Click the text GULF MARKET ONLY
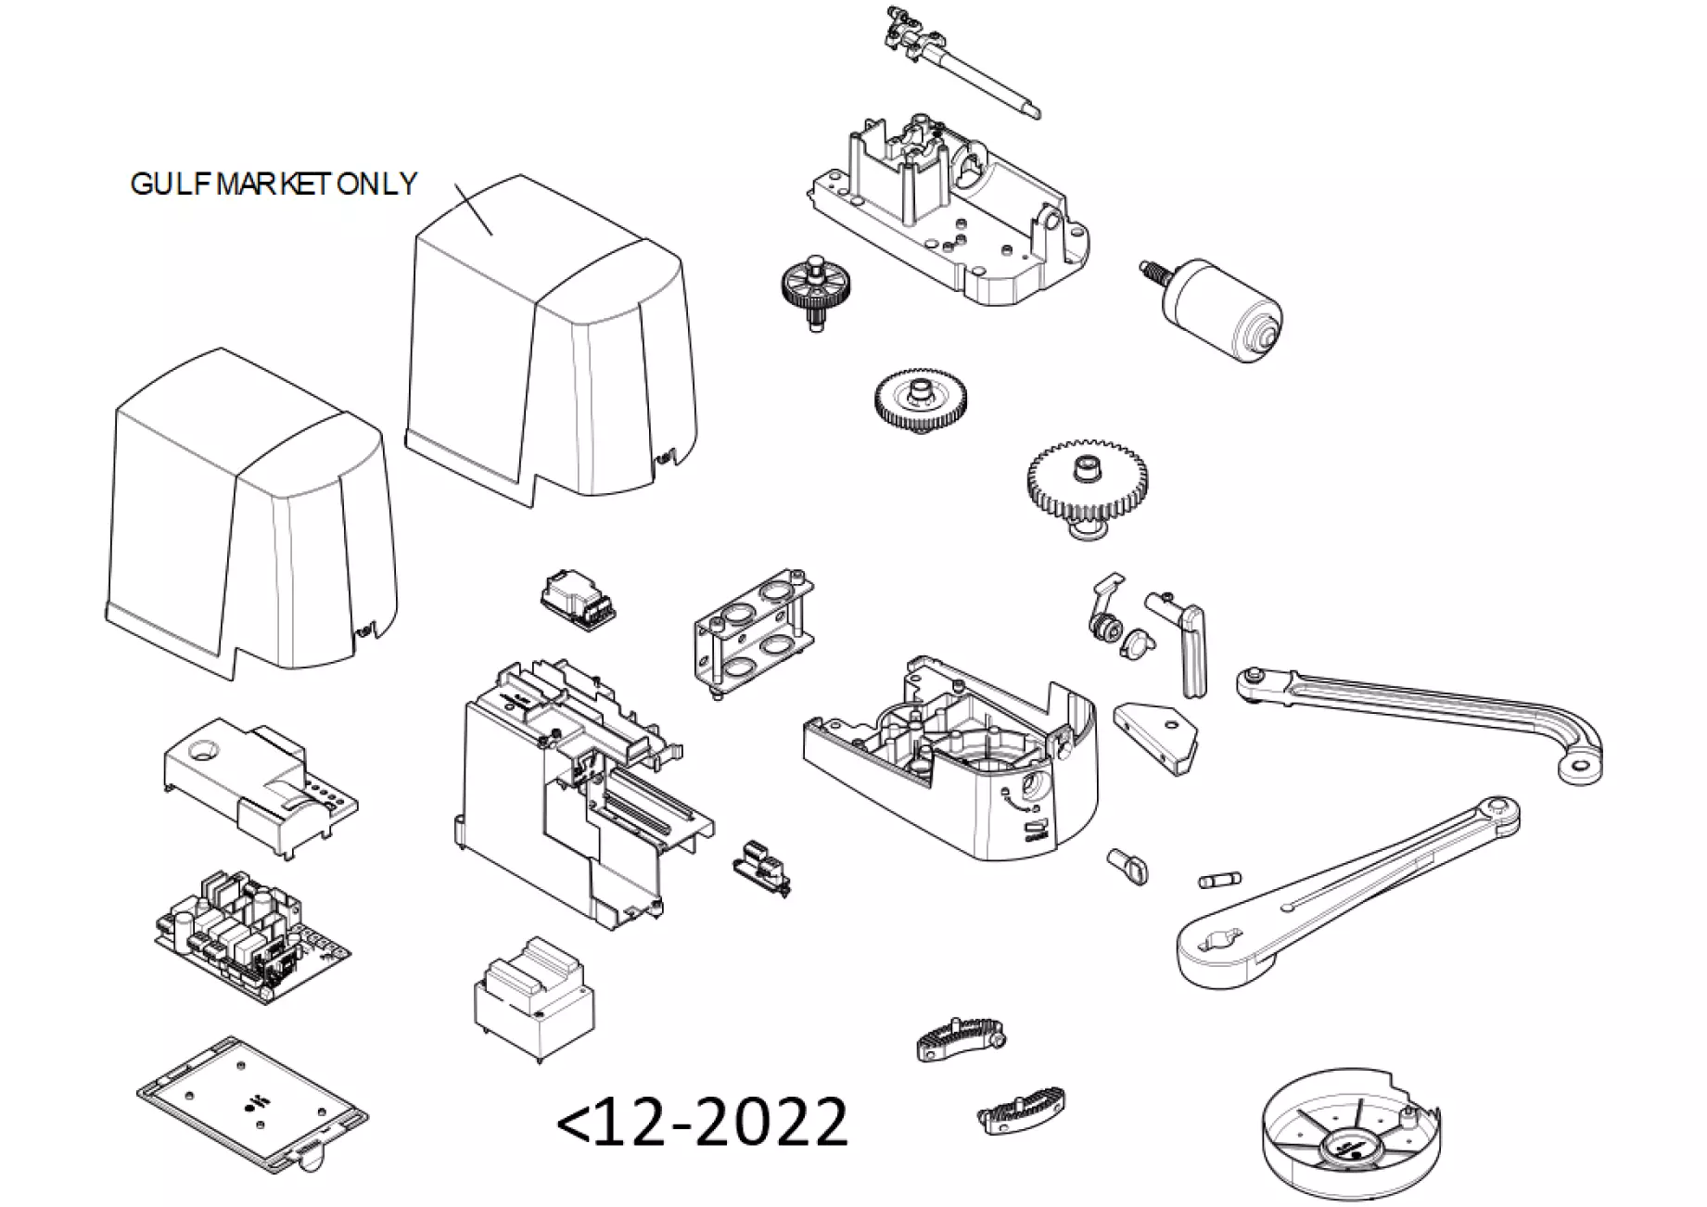pyautogui.click(x=274, y=184)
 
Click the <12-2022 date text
pyautogui.click(x=702, y=1121)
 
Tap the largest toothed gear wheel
pyautogui.click(x=1088, y=482)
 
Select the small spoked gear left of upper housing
pyautogui.click(x=815, y=287)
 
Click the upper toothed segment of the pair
pyautogui.click(x=961, y=1038)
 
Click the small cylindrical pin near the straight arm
pyautogui.click(x=1217, y=879)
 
